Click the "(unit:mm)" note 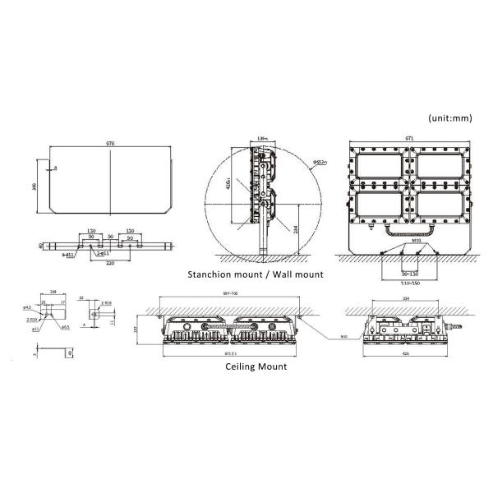click(450, 118)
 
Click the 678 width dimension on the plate click(110, 144)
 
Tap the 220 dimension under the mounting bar click(110, 265)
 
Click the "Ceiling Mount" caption click(256, 367)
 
